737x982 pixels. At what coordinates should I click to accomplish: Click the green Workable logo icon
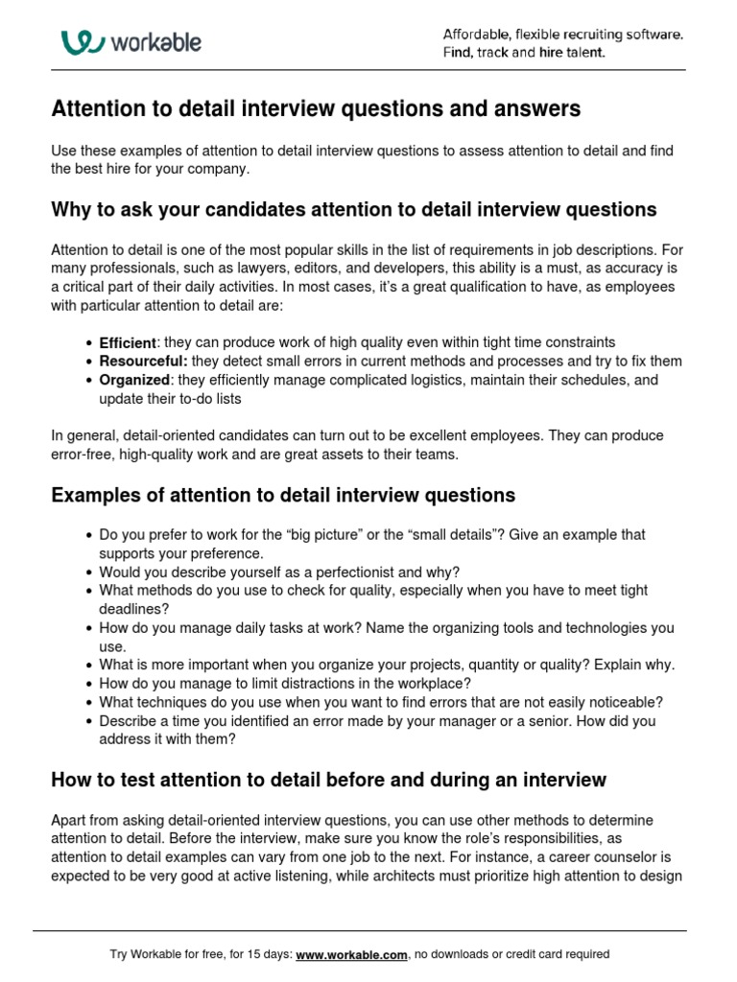[x=82, y=42]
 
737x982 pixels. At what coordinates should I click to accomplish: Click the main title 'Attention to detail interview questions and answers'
[x=316, y=109]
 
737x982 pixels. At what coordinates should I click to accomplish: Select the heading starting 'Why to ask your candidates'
[x=353, y=209]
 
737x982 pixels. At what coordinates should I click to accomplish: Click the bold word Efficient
[x=128, y=342]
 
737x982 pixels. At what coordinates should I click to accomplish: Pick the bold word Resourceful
[x=143, y=362]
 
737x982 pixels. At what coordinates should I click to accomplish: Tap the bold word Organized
[x=134, y=380]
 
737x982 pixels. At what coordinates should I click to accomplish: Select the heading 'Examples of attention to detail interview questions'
[x=282, y=495]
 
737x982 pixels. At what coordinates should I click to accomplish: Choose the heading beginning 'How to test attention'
[x=328, y=780]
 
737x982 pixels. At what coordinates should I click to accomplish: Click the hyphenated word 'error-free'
[x=81, y=455]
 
